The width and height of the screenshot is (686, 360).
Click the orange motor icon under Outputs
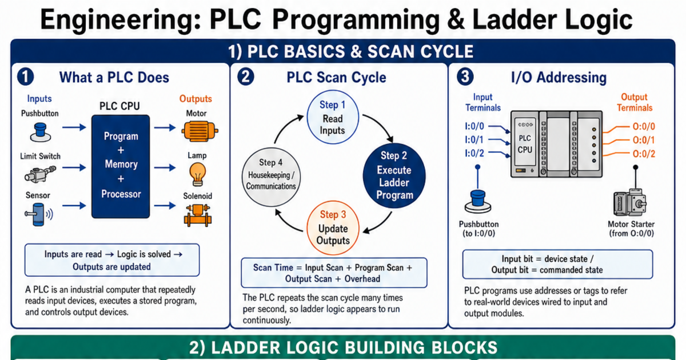[x=200, y=131]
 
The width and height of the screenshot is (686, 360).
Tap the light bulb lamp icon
[x=198, y=174]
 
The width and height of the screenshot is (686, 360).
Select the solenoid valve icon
[x=198, y=215]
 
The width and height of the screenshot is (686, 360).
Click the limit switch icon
[x=40, y=174]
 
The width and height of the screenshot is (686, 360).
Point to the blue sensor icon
[x=39, y=214]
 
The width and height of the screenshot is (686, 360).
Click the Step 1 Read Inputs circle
[x=333, y=117]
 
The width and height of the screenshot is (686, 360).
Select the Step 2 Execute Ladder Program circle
[x=394, y=176]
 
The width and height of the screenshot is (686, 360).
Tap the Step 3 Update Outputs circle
[x=333, y=228]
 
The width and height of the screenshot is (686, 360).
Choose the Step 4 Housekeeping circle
[x=271, y=177]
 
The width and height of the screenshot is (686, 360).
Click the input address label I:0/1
[x=474, y=140]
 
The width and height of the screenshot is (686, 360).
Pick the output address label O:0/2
[x=644, y=154]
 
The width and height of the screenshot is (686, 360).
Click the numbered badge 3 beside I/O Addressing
[x=465, y=77]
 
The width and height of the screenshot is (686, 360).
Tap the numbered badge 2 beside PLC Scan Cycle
[x=246, y=77]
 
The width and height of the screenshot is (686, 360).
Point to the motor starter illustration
[x=630, y=202]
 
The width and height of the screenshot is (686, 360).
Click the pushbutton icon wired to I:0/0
[x=478, y=201]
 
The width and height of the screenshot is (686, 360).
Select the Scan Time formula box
[x=334, y=273]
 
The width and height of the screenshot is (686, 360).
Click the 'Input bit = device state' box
[x=557, y=264]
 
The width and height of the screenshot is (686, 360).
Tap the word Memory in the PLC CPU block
[x=121, y=165]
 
